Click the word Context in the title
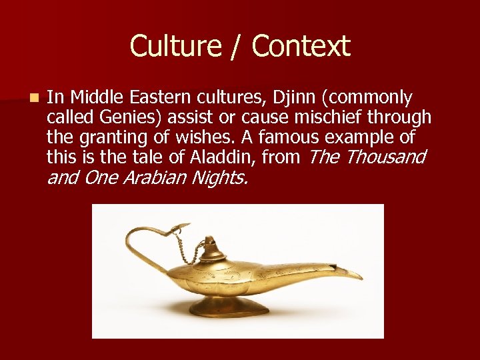[301, 46]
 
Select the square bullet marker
[34, 98]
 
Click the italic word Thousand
[386, 157]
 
